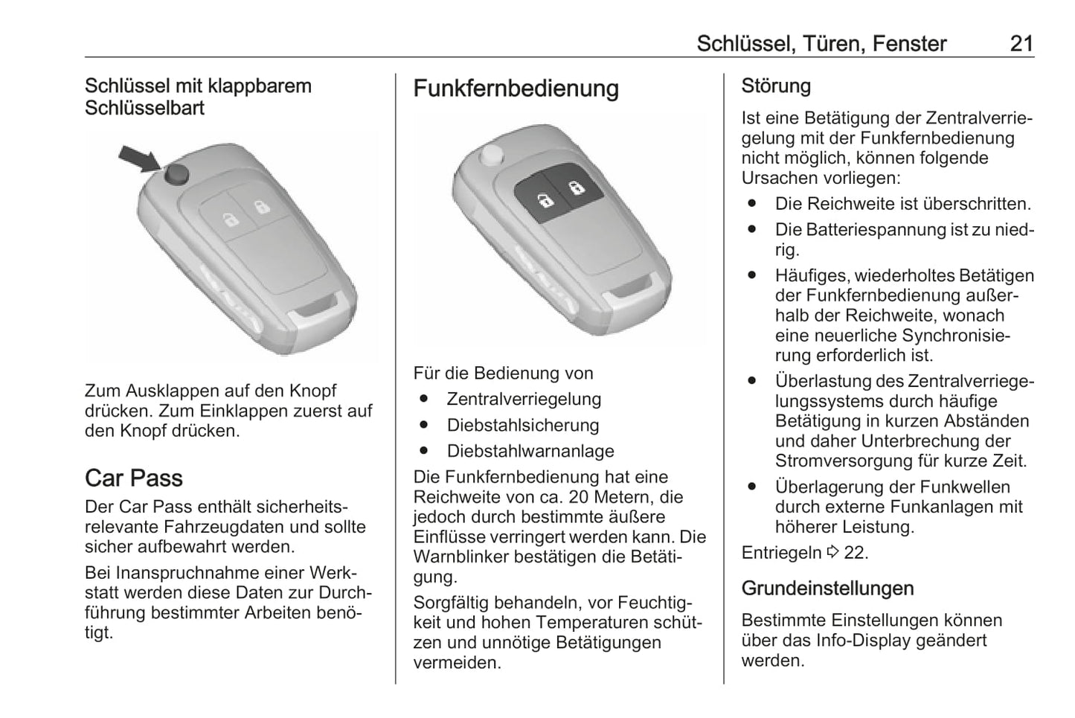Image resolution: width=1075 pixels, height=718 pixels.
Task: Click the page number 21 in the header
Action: point(1021,43)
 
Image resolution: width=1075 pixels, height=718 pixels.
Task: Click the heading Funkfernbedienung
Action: point(516,89)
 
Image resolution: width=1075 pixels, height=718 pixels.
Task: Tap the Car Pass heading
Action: point(133,478)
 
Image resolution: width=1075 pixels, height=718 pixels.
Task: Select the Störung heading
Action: point(775,86)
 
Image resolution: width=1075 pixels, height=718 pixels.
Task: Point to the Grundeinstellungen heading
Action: point(827,588)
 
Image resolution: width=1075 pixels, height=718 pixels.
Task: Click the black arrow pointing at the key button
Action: point(139,158)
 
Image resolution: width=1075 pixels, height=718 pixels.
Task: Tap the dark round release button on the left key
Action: point(176,174)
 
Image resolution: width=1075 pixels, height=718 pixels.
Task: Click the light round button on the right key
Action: point(490,155)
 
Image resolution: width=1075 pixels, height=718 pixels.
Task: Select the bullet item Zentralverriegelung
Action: point(524,399)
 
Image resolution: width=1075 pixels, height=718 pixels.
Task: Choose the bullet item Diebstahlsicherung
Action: point(522,425)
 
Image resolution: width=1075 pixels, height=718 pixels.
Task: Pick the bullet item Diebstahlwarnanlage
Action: point(530,451)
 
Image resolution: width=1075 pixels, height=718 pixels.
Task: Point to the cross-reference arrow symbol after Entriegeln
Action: point(832,552)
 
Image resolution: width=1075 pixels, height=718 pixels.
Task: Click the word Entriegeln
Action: point(781,552)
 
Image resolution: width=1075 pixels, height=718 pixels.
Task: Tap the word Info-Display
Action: point(862,640)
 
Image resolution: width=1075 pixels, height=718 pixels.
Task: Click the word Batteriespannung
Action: point(871,229)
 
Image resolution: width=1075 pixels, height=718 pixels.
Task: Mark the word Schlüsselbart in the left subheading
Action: point(144,108)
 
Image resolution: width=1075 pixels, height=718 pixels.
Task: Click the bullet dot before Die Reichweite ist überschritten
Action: point(752,203)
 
